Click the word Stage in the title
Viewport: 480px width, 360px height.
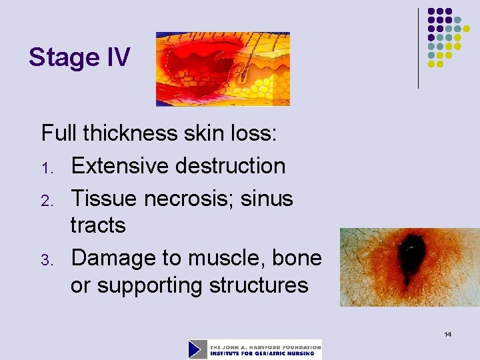(x=64, y=58)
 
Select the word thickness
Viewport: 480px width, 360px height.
(x=139, y=133)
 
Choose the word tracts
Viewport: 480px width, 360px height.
(x=98, y=225)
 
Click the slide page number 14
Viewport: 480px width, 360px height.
(x=448, y=333)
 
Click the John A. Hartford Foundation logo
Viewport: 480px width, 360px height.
(x=255, y=349)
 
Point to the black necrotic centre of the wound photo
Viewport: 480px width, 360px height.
(x=407, y=257)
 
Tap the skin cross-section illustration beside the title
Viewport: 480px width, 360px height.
(x=223, y=69)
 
